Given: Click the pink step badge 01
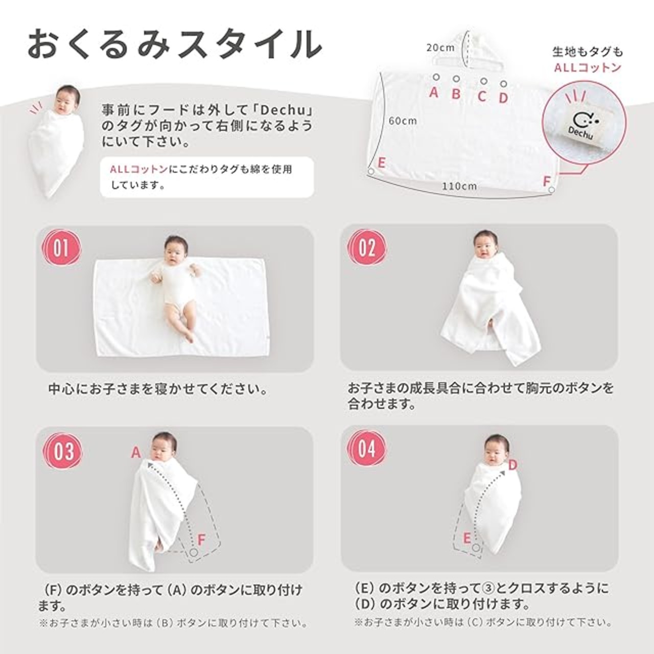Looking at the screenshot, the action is [61, 248].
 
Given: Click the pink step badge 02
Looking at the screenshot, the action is [367, 248].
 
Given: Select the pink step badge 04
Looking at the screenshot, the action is [367, 449].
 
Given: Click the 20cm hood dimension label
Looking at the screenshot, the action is [440, 48].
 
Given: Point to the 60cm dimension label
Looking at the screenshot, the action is [403, 121].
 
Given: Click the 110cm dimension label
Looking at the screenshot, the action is [459, 186].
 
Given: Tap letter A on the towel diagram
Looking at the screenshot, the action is [433, 92].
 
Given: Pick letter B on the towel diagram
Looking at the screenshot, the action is [456, 94].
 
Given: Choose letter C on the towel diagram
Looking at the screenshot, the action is [482, 97].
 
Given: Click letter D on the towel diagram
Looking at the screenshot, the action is [503, 98].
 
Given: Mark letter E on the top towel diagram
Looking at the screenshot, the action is [381, 163].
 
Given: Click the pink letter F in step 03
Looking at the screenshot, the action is [201, 540].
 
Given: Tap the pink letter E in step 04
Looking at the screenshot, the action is [466, 538].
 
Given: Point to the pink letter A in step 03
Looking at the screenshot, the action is [136, 452].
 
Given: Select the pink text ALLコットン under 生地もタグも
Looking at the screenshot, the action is [588, 68].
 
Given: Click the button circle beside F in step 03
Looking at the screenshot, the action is [194, 552].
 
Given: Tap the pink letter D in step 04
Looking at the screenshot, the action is [512, 465].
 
